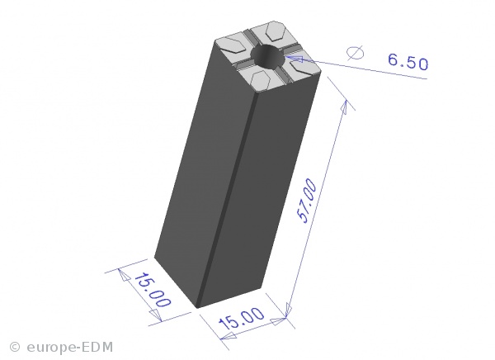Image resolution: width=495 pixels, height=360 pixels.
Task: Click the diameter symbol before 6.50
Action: click(355, 53)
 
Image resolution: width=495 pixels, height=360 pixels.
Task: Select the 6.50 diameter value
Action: click(408, 62)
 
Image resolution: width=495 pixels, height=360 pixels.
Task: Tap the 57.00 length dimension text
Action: click(307, 201)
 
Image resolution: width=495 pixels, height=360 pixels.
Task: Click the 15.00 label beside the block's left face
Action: click(153, 290)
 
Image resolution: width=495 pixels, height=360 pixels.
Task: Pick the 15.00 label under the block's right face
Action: click(242, 318)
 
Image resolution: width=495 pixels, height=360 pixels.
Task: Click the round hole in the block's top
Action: click(267, 57)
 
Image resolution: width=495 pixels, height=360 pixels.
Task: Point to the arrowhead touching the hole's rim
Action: click(295, 59)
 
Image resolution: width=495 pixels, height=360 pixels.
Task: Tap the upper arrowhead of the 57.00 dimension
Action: click(344, 107)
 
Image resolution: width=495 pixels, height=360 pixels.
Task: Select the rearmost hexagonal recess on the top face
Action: click(276, 31)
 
